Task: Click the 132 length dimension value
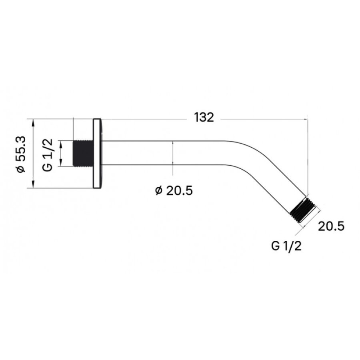(204, 117)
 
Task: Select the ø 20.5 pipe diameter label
(174, 190)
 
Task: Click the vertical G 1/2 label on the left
(48, 155)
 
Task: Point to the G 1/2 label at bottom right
(286, 246)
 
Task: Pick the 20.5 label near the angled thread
(331, 226)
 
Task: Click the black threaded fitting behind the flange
(83, 153)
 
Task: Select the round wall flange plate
(97, 153)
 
